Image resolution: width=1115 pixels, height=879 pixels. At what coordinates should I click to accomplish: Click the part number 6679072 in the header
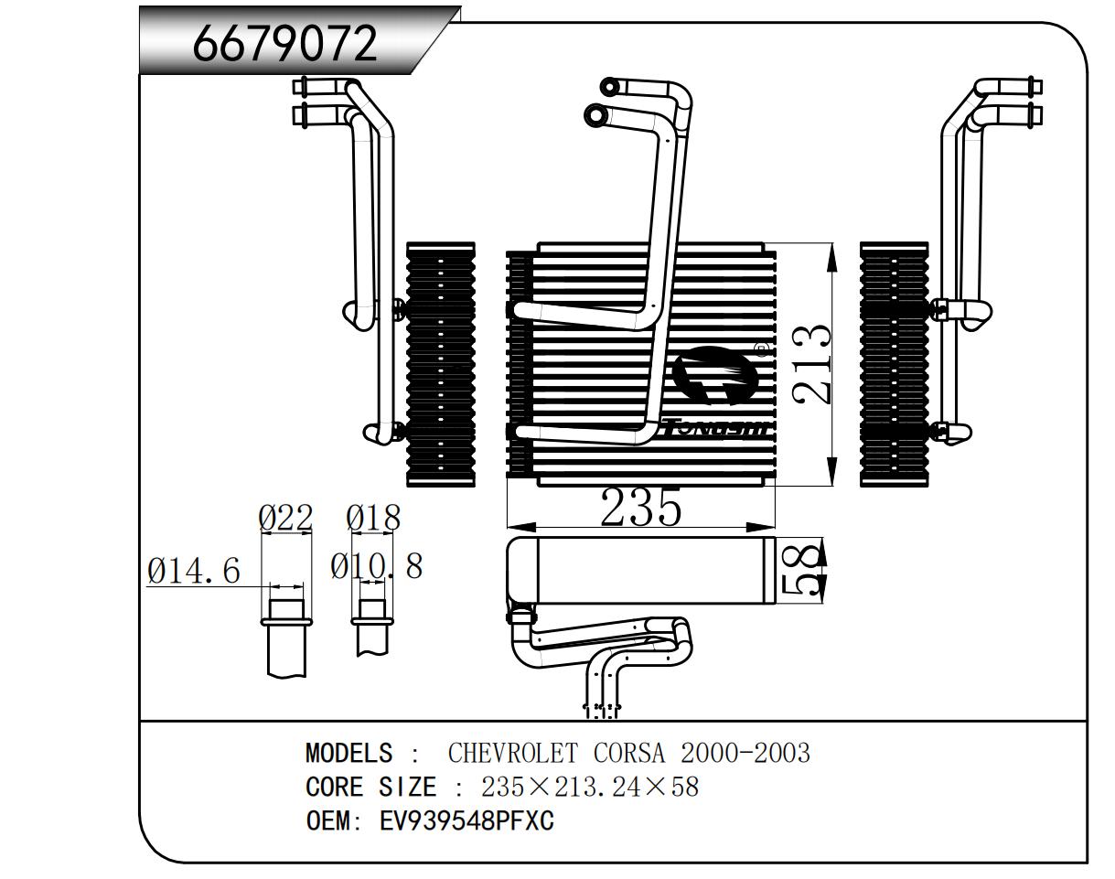[x=284, y=43]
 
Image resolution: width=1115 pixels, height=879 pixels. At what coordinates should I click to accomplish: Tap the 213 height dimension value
[x=811, y=364]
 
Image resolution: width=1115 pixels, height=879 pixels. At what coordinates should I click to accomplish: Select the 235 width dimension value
[x=640, y=509]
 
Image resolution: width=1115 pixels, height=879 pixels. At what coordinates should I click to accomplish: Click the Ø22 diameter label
[x=285, y=519]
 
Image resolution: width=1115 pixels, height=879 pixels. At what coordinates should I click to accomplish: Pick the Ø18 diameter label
[x=373, y=519]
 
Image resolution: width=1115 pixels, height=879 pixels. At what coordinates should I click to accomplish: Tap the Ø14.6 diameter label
[x=194, y=572]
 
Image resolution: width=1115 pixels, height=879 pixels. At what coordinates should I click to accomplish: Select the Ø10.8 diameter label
[x=377, y=566]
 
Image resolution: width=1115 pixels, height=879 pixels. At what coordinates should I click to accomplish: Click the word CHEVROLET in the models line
[x=512, y=754]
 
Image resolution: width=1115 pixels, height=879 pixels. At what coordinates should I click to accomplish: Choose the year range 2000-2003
[x=745, y=754]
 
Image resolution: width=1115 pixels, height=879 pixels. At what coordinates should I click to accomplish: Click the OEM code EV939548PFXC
[x=466, y=820]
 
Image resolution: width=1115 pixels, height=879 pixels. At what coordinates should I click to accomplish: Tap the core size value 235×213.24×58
[x=590, y=787]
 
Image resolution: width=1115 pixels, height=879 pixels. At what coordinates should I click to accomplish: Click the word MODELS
[x=348, y=754]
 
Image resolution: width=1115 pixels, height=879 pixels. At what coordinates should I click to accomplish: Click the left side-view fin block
[x=441, y=364]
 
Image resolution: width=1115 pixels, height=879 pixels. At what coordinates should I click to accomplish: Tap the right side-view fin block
[x=894, y=364]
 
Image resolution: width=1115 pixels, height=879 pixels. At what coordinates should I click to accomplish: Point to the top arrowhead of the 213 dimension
[x=831, y=255]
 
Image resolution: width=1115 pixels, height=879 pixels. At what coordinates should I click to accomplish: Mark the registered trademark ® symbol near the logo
[x=760, y=348]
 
